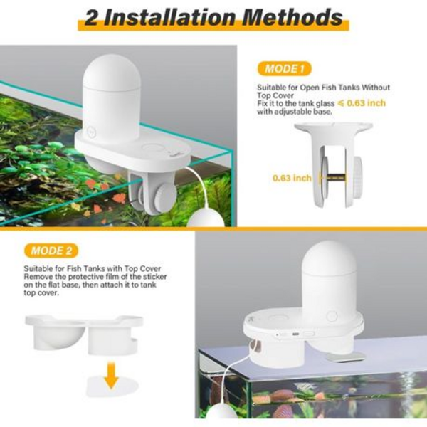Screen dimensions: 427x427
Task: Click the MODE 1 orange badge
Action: pyautogui.click(x=284, y=68)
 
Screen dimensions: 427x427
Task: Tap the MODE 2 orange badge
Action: pyautogui.click(x=51, y=251)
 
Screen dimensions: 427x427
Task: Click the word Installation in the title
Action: pyautogui.click(x=169, y=17)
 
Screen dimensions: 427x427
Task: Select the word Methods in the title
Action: pyautogui.click(x=292, y=17)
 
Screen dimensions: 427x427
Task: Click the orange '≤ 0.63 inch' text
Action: pyautogui.click(x=362, y=103)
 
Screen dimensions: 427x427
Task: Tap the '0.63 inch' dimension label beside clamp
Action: pyautogui.click(x=292, y=178)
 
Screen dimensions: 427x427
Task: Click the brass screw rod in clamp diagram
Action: pyautogui.click(x=336, y=179)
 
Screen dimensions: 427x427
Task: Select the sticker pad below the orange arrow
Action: pyautogui.click(x=112, y=386)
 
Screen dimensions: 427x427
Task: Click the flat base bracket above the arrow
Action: pyautogui.click(x=84, y=333)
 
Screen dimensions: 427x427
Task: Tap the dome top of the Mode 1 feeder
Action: pyautogui.click(x=110, y=71)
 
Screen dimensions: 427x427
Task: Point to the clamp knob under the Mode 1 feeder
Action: pyautogui.click(x=164, y=196)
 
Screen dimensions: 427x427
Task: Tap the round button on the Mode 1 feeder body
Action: pyautogui.click(x=91, y=132)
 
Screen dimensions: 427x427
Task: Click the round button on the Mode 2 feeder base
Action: pyautogui.click(x=332, y=317)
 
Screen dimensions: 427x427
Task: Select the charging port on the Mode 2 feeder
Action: pyautogui.click(x=295, y=334)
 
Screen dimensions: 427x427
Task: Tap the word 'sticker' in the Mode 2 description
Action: pyautogui.click(x=155, y=277)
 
